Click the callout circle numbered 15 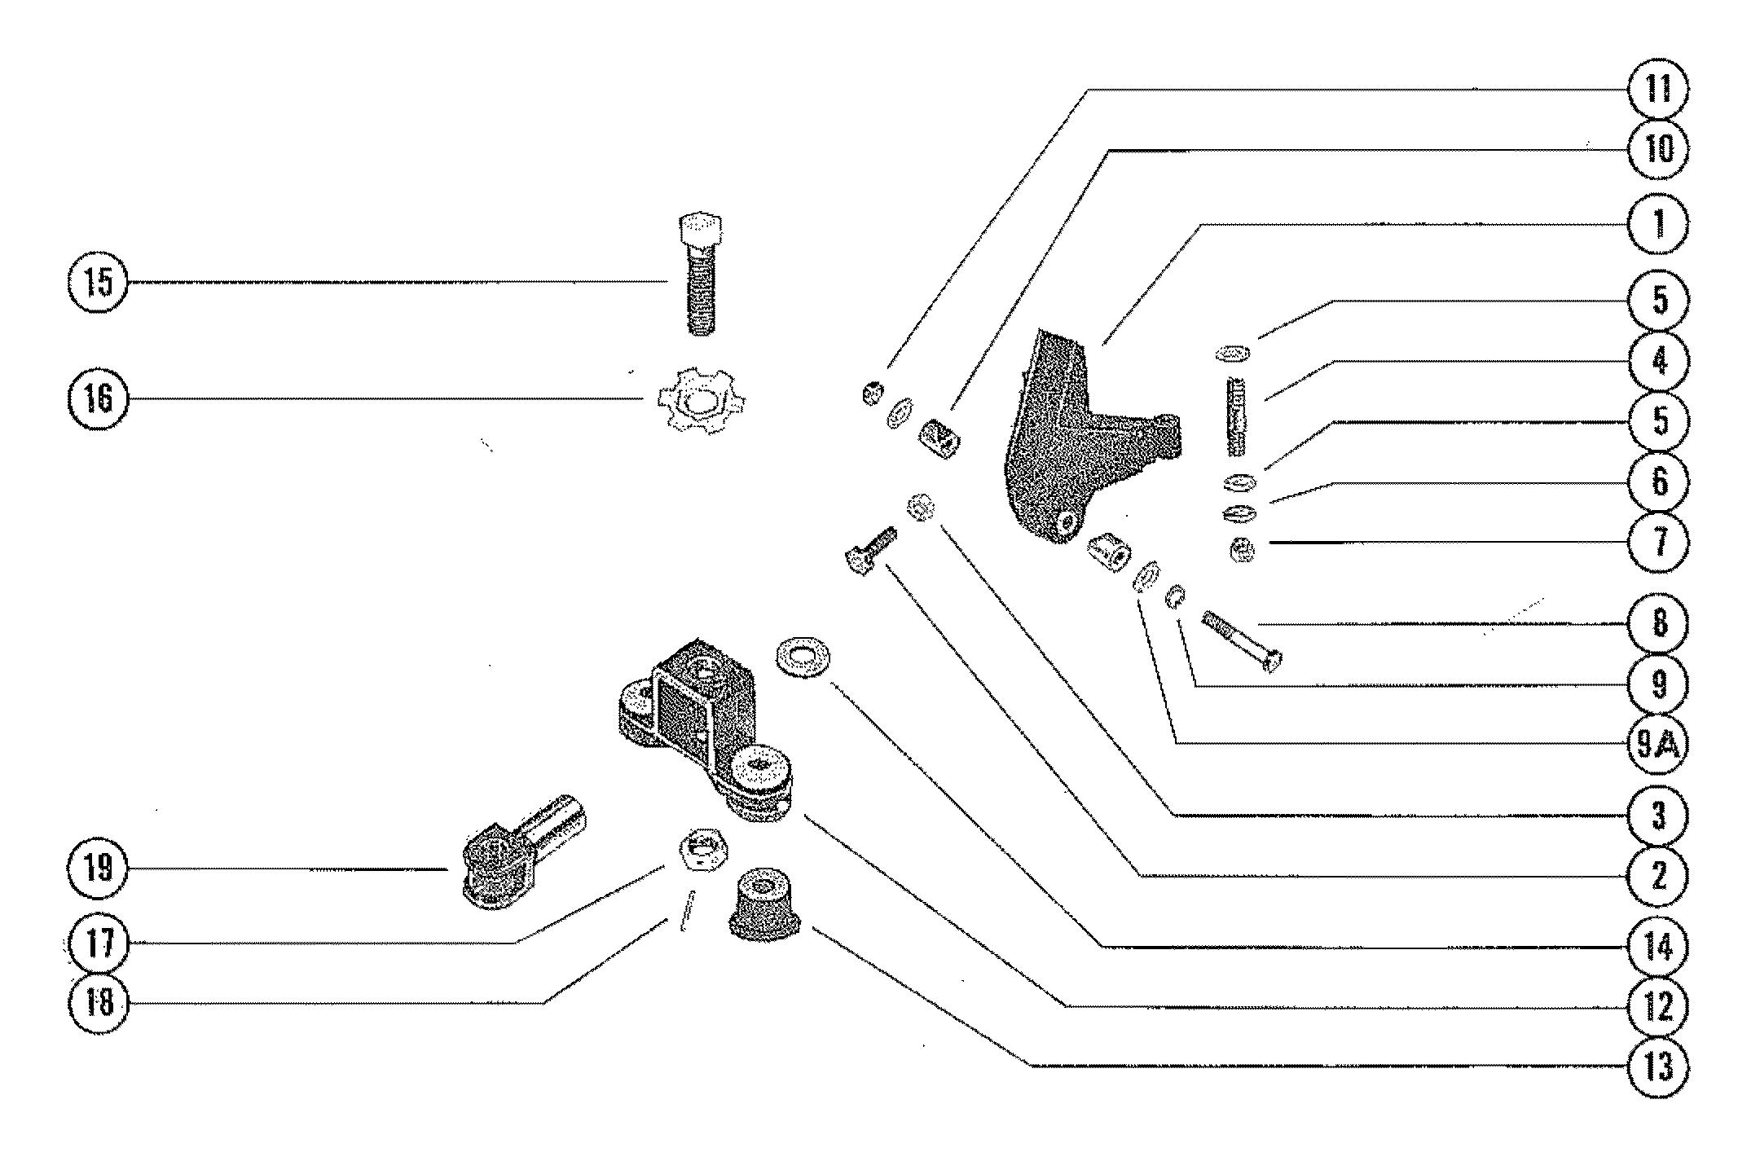[x=97, y=283]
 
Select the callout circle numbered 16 [x=97, y=398]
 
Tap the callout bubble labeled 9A [x=1657, y=744]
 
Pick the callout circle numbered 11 [x=1657, y=89]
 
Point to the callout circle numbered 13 [x=1657, y=1066]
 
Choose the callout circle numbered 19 [x=97, y=869]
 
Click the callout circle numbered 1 [x=1657, y=223]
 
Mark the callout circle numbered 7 [x=1657, y=542]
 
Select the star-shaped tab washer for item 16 [x=700, y=399]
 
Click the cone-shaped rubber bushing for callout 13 [x=763, y=905]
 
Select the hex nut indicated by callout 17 [x=702, y=850]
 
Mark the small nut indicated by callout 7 [x=1242, y=552]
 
